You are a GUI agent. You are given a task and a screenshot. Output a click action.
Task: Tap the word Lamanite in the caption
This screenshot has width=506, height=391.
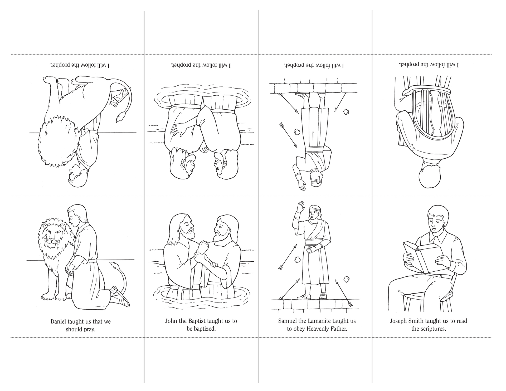[x=320, y=321]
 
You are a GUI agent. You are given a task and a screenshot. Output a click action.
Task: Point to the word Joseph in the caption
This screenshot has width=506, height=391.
[x=398, y=321]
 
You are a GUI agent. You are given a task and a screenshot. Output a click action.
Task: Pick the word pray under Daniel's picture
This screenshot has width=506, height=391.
[x=89, y=330]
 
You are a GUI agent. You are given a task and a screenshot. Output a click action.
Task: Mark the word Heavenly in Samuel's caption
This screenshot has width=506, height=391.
[x=318, y=329]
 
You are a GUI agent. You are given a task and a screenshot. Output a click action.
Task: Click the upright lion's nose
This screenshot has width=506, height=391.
[x=52, y=240]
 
